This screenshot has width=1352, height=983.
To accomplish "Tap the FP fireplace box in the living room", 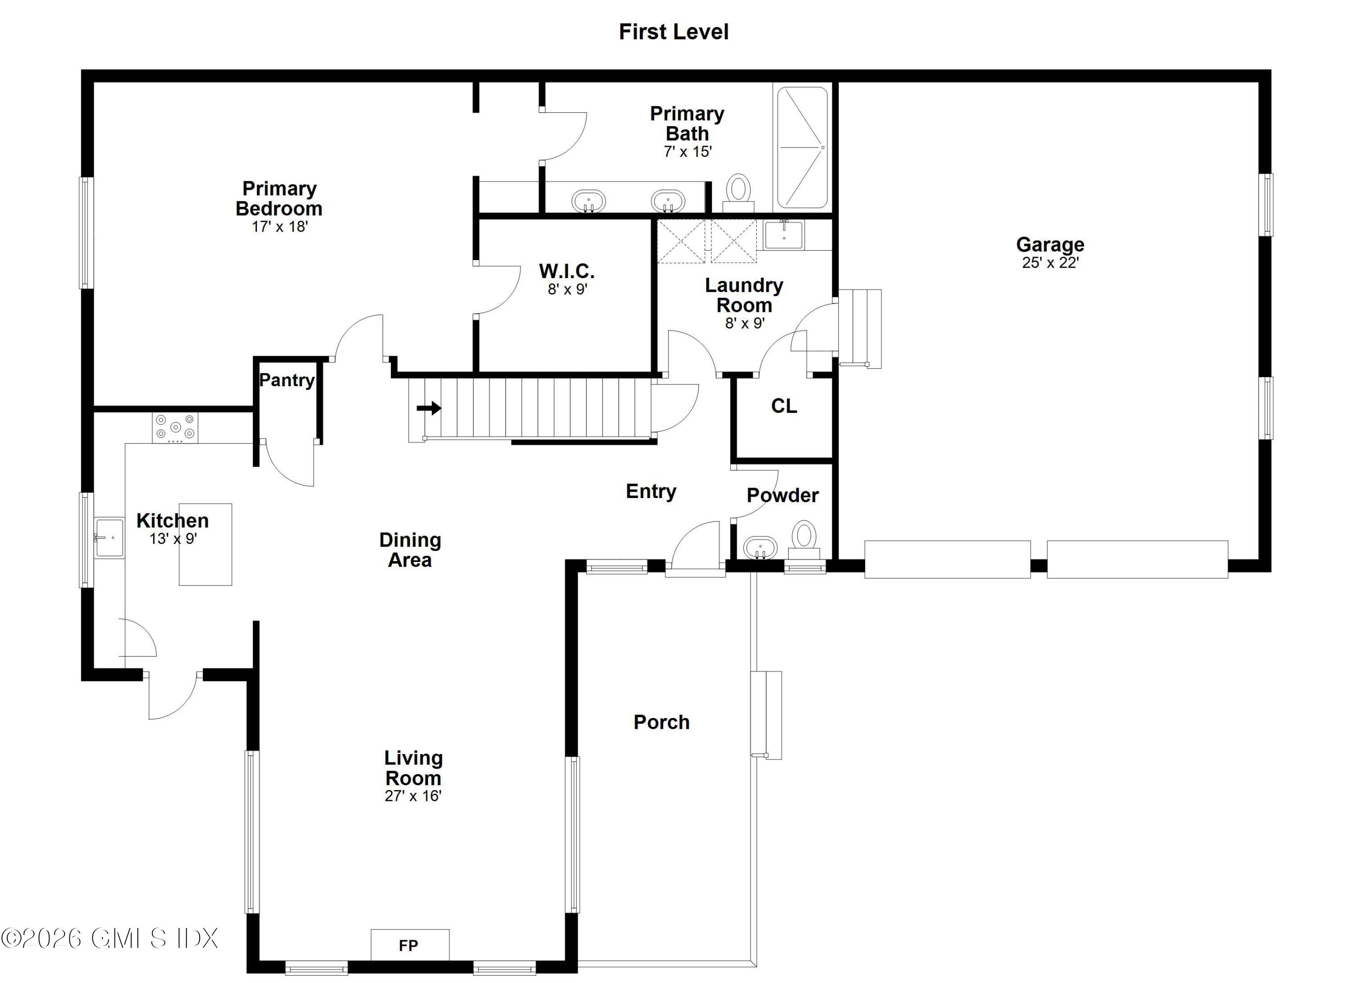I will tap(410, 945).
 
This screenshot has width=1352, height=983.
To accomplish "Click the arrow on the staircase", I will tap(429, 408).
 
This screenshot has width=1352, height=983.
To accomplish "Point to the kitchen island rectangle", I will tap(206, 544).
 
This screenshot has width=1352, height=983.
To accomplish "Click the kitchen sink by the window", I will tap(109, 538).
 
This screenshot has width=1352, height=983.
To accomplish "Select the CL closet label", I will tap(783, 406).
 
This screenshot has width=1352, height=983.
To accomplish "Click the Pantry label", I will tap(287, 380).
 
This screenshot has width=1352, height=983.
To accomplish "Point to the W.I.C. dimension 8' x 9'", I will tap(567, 290).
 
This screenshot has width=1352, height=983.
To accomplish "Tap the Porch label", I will tap(661, 722).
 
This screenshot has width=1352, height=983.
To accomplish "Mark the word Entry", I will tap(650, 491).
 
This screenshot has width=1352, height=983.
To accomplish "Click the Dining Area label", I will tap(410, 549).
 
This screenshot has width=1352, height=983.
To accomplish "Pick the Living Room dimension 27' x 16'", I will tap(412, 796).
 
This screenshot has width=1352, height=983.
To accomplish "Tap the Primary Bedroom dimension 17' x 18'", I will tap(279, 227).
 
